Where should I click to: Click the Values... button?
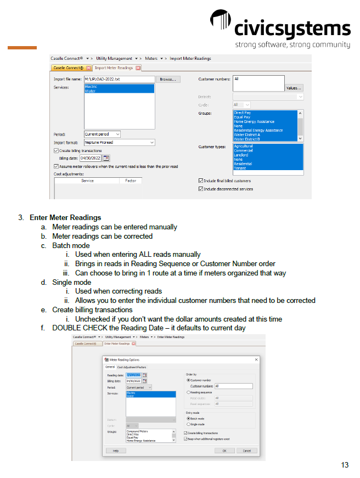294,88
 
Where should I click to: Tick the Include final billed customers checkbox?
200,181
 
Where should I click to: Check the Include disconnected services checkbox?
200,189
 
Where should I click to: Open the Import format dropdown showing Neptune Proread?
119,142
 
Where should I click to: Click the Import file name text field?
119,80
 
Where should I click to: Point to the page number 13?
345,465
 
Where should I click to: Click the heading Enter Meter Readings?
65,217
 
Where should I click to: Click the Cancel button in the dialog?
246,451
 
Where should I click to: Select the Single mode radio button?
188,424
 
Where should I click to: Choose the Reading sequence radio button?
188,392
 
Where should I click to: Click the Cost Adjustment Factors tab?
132,367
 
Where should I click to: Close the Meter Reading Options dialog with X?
256,359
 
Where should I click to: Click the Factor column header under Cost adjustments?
131,181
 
